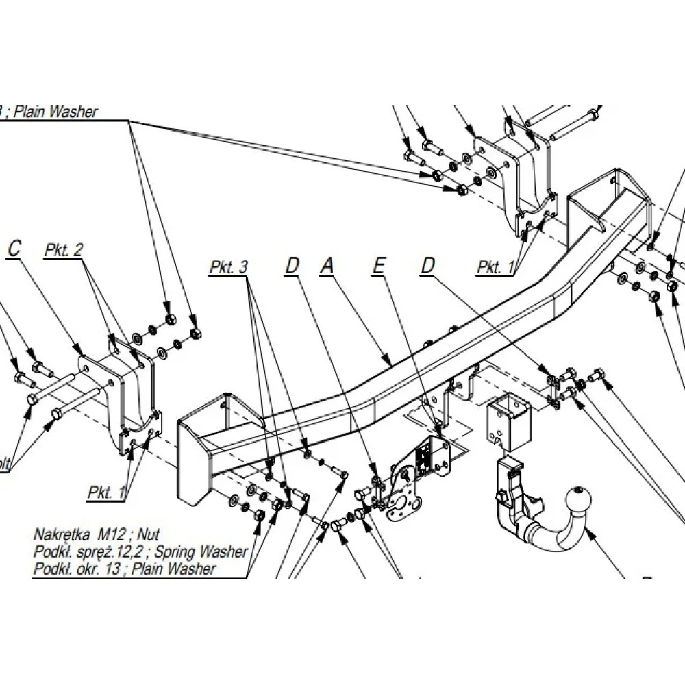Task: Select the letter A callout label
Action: [327, 266]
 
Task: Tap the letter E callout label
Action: [378, 266]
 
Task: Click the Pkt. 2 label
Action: [64, 251]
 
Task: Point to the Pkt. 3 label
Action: [228, 267]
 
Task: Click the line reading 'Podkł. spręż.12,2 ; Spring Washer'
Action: [140, 551]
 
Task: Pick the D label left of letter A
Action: [292, 266]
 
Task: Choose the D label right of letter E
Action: [428, 266]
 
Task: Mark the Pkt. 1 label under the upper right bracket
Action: [495, 267]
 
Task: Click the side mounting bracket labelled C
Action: [123, 397]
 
